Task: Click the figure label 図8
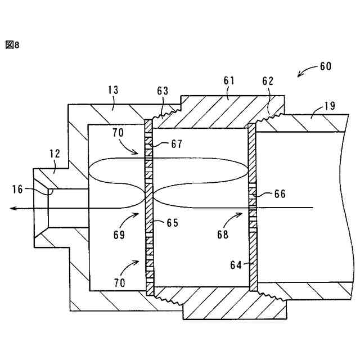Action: [12, 45]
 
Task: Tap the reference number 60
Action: [325, 66]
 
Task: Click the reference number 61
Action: [228, 81]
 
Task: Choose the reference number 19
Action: [330, 106]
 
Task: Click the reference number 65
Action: [172, 223]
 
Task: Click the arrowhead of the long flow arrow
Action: [12, 209]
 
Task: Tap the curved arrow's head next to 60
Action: [299, 76]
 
